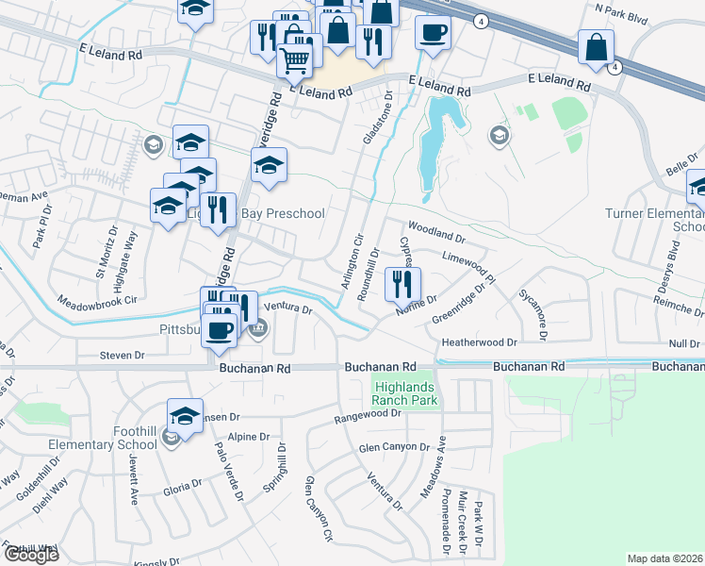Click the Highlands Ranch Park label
click(x=406, y=394)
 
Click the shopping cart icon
click(x=295, y=61)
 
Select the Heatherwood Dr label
click(x=481, y=342)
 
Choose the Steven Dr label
click(x=123, y=356)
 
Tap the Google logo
click(x=31, y=555)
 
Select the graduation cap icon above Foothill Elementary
click(x=185, y=416)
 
